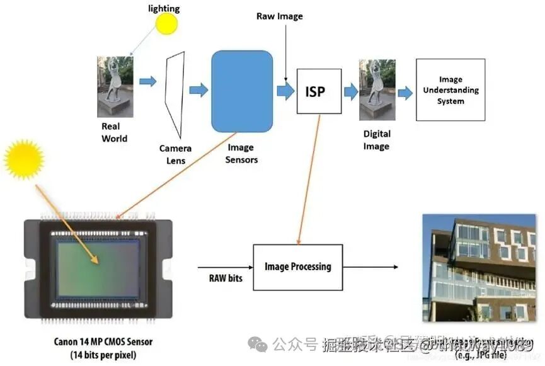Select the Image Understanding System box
pyautogui.click(x=450, y=90)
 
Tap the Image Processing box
pyautogui.click(x=297, y=267)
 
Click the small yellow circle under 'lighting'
pyautogui.click(x=167, y=24)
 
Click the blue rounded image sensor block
pyautogui.click(x=242, y=91)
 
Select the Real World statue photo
pyautogui.click(x=115, y=86)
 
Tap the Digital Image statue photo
pyautogui.click(x=377, y=89)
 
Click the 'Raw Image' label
pyautogui.click(x=279, y=16)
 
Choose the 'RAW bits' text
pyautogui.click(x=226, y=277)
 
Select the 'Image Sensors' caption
pyautogui.click(x=241, y=154)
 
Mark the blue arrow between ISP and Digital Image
pyautogui.click(x=350, y=92)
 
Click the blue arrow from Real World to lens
pyautogui.click(x=148, y=82)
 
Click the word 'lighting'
pyautogui.click(x=163, y=8)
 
